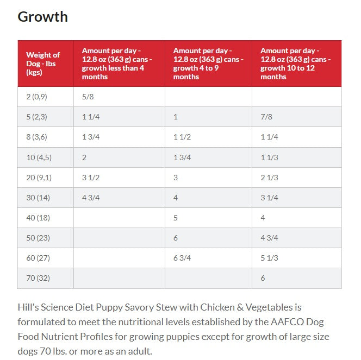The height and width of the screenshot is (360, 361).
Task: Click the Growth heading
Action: pyautogui.click(x=43, y=17)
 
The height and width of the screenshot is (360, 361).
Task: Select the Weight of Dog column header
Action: pyautogui.click(x=43, y=64)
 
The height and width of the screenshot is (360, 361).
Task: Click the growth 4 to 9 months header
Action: pyautogui.click(x=208, y=64)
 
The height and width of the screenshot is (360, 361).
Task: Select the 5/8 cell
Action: pyautogui.click(x=88, y=97)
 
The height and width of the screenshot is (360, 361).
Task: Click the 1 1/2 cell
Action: pyautogui.click(x=182, y=137)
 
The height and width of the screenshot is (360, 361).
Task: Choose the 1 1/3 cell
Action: pyautogui.click(x=269, y=157)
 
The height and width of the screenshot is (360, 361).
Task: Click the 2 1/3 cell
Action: pyautogui.click(x=269, y=178)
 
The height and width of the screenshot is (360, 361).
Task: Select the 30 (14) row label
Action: pyautogui.click(x=36, y=198)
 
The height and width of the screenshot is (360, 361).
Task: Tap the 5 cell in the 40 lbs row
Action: pyautogui.click(x=176, y=218)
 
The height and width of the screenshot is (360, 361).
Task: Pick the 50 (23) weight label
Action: pyautogui.click(x=36, y=238)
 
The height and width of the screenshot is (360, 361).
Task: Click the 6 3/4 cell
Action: pyautogui.click(x=182, y=258)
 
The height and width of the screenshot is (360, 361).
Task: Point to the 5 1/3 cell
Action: pyautogui.click(x=269, y=258)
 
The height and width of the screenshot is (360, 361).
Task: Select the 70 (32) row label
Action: pyautogui.click(x=36, y=278)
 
